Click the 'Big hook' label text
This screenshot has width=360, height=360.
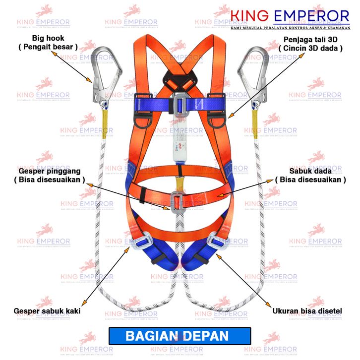click(48, 38)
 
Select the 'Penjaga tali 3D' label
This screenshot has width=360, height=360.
click(310, 39)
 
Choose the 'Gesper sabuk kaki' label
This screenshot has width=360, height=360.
click(48, 311)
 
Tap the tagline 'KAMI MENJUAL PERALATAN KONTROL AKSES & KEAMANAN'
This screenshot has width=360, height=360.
click(291, 28)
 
